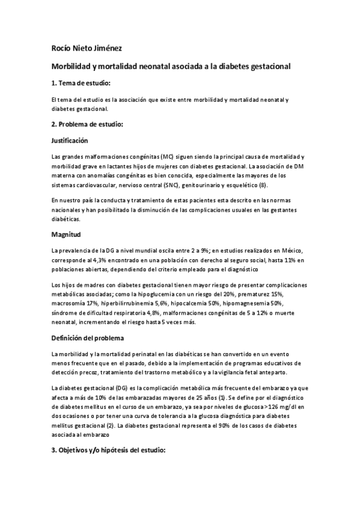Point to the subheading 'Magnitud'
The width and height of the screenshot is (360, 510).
click(x=67, y=235)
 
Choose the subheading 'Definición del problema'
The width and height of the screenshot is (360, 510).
click(x=88, y=338)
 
